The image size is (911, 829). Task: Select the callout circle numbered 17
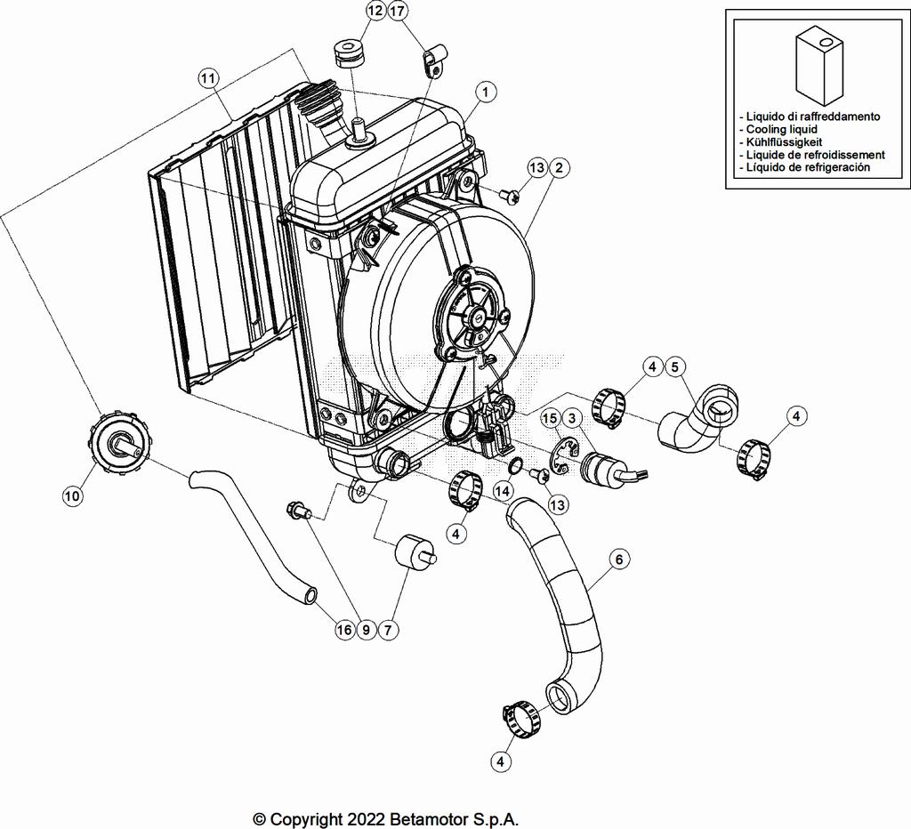tap(398, 12)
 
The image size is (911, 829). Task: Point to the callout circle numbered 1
tap(485, 91)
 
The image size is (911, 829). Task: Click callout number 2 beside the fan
tap(559, 167)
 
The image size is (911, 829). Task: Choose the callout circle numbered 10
tap(72, 496)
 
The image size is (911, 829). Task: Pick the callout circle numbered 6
tap(620, 559)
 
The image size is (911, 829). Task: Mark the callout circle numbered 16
tap(344, 630)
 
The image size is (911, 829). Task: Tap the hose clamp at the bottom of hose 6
tap(522, 717)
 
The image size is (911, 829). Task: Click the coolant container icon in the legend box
tap(818, 64)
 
